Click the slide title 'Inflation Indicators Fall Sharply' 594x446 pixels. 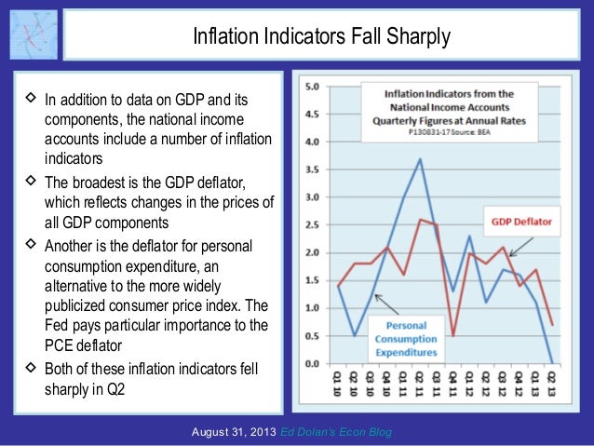click(321, 37)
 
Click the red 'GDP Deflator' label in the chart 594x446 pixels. click(526, 222)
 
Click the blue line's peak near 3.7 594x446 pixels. click(420, 159)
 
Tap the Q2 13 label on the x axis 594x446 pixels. click(552, 383)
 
